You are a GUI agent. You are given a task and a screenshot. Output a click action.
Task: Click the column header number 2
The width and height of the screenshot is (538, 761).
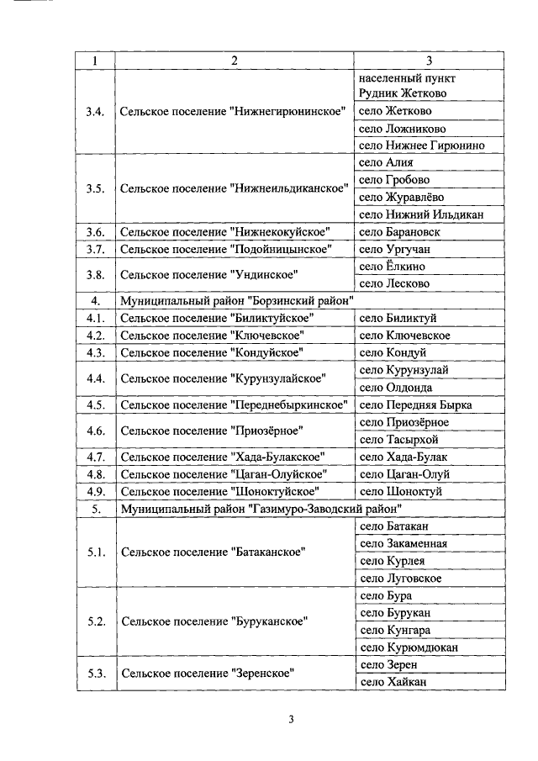click(235, 61)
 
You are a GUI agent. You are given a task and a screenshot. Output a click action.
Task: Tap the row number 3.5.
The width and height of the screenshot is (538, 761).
click(96, 188)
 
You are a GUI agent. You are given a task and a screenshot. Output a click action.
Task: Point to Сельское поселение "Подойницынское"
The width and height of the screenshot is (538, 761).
click(225, 249)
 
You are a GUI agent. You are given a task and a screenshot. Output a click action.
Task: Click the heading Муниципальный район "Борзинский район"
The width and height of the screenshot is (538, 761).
click(235, 300)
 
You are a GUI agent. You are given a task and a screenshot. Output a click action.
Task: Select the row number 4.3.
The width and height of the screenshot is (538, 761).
click(96, 352)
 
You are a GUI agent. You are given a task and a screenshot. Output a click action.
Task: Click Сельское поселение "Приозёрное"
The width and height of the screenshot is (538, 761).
click(211, 431)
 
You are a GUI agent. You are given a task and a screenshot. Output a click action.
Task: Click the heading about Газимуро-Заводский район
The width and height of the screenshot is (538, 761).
click(261, 508)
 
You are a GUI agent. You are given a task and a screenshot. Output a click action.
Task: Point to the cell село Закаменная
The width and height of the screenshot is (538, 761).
click(403, 543)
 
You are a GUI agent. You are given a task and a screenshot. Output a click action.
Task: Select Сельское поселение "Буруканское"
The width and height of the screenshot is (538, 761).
click(214, 621)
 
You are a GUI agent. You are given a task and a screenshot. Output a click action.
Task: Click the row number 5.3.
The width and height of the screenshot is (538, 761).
click(96, 674)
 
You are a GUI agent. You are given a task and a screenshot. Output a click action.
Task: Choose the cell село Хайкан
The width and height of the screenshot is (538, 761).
click(391, 682)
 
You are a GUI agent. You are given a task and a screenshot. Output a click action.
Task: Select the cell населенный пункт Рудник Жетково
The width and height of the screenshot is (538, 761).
click(402, 85)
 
